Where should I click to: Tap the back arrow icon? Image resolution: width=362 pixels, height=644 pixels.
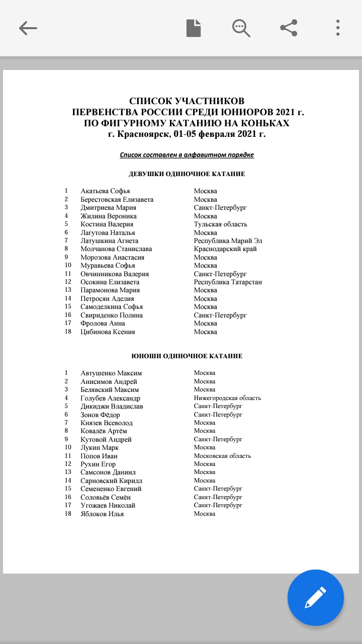28,28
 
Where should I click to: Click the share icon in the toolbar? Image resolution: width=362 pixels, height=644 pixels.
289,28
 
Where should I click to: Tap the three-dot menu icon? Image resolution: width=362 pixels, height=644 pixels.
338,28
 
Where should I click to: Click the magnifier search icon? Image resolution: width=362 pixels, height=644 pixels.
241,28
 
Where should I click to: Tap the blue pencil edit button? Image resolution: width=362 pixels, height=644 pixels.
315,598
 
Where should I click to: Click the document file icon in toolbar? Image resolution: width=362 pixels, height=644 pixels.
194,28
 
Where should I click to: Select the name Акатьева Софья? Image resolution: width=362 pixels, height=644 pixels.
105,191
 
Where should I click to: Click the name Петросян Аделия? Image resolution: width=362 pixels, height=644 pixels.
107,298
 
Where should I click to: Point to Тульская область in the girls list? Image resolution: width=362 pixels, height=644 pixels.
220,224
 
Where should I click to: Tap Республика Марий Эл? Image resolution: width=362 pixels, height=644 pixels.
228,241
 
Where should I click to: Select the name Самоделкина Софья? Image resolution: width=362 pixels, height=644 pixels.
112,307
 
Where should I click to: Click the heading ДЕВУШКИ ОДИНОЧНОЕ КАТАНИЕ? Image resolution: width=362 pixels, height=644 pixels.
187,174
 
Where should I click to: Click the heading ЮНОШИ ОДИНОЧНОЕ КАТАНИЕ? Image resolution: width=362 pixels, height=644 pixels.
187,356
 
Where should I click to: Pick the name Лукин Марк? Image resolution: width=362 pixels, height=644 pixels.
100,447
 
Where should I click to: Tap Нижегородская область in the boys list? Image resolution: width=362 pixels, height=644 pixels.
227,398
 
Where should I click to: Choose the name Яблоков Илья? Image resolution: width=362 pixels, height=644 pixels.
102,514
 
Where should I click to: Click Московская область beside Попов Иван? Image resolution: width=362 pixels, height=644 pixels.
222,456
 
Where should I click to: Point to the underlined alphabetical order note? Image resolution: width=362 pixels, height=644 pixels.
187,155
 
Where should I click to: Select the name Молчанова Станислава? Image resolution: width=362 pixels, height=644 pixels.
116,249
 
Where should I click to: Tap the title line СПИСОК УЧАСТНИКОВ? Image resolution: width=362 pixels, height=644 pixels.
187,102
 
